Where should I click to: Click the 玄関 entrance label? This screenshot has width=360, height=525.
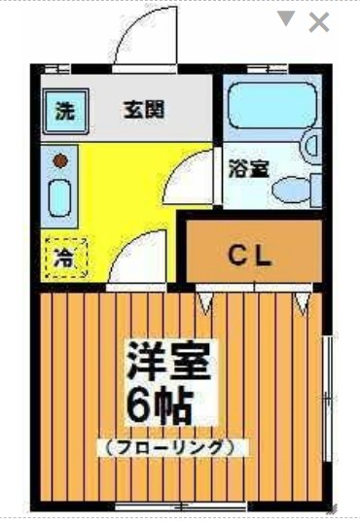[x=143, y=109]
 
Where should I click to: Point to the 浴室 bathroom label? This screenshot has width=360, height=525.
[x=248, y=167]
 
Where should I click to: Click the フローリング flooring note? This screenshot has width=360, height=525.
[x=171, y=447]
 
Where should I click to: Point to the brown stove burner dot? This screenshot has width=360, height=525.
[x=59, y=159]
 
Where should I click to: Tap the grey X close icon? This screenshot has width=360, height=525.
[x=318, y=22]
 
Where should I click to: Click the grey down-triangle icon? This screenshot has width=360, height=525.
[x=286, y=19]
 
